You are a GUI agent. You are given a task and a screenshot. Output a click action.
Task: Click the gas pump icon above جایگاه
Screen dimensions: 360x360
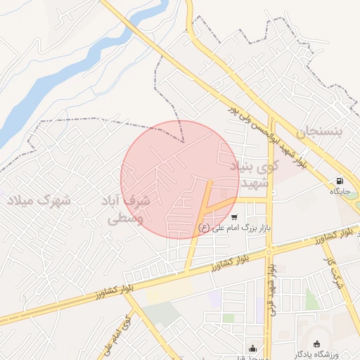tap(340, 180)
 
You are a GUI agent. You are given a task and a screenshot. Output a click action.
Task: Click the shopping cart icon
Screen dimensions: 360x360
tap(234, 217)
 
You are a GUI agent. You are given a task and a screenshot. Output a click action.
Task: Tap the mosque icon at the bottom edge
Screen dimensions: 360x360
tap(253, 347)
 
